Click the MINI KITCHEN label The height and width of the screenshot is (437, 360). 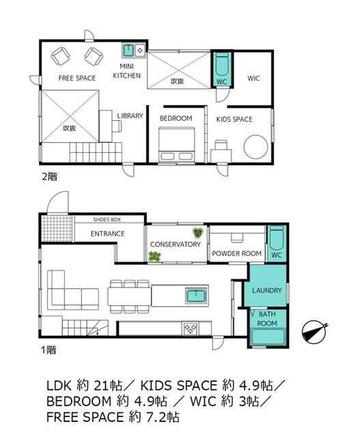click(x=126, y=71)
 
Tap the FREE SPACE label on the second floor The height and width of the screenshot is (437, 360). click(x=77, y=78)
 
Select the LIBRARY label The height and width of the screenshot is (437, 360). click(x=130, y=115)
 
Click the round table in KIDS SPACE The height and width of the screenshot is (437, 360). click(x=255, y=147)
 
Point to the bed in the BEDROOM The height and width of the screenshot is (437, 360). click(x=176, y=144)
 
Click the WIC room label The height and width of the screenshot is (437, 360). click(x=253, y=79)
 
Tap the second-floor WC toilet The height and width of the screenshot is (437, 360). click(x=222, y=66)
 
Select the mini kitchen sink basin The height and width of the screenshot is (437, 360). click(x=128, y=51)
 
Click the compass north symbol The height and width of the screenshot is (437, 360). click(x=314, y=330)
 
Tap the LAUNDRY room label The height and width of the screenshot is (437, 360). click(x=266, y=290)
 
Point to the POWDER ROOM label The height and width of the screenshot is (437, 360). click(x=237, y=253)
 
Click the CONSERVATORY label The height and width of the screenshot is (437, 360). click(x=176, y=244)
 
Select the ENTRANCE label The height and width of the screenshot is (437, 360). click(x=108, y=234)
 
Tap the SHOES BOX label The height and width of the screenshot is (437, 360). click(x=107, y=220)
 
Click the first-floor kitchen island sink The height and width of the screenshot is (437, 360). click(x=196, y=296)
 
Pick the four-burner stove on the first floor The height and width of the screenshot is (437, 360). click(x=190, y=328)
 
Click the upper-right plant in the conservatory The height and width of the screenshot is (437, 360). click(x=198, y=232)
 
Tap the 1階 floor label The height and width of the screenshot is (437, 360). click(x=49, y=350)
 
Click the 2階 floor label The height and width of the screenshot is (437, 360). click(x=49, y=176)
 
